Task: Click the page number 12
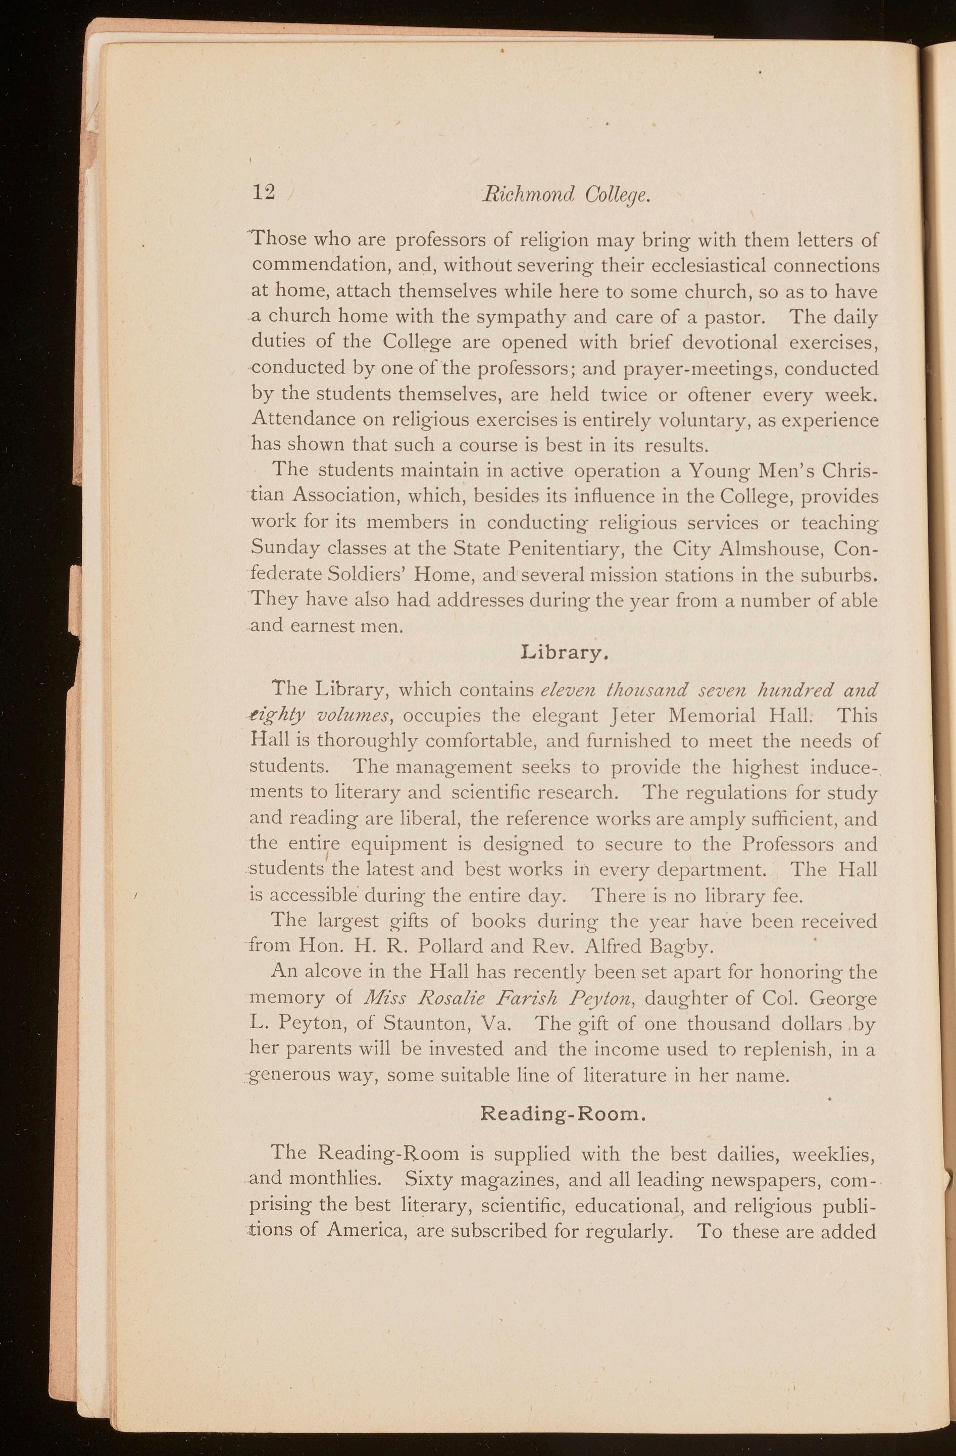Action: pos(264,193)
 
